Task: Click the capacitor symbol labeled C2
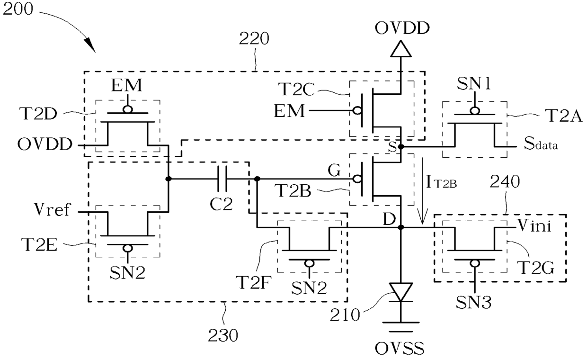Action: click(x=222, y=179)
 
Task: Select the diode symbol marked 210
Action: click(x=400, y=293)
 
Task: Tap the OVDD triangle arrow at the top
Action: click(x=400, y=48)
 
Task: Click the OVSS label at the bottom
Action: click(x=400, y=348)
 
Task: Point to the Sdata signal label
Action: click(x=541, y=144)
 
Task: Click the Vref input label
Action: click(x=52, y=209)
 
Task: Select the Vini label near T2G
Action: click(x=534, y=225)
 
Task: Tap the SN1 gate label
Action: click(x=474, y=84)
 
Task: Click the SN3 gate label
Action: click(x=473, y=302)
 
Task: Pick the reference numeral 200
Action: click(x=18, y=9)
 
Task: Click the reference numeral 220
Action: click(x=254, y=39)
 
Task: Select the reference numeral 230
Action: click(x=223, y=335)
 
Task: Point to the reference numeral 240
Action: click(x=505, y=182)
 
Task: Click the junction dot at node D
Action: click(x=400, y=227)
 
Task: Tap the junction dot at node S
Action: click(x=400, y=147)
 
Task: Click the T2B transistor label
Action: click(x=293, y=190)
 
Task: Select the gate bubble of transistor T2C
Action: click(x=357, y=110)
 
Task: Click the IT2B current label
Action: click(x=441, y=182)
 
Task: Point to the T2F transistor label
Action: click(x=253, y=282)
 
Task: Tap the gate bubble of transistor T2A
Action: click(x=475, y=111)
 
